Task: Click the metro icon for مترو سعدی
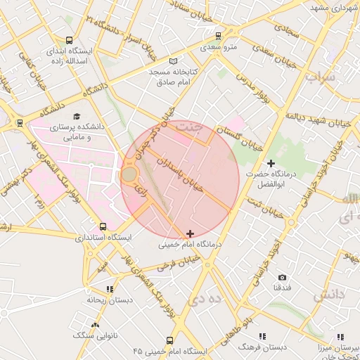point(219,34)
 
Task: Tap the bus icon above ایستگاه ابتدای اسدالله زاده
point(69,40)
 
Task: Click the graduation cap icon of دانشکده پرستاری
point(77,116)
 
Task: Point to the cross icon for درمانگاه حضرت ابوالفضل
point(271,163)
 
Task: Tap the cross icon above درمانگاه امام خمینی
point(190,233)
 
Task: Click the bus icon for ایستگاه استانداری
point(104,226)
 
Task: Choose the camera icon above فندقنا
point(283,278)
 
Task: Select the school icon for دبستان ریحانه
point(109,288)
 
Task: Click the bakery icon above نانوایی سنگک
point(95,324)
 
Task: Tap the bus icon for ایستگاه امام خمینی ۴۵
point(169,339)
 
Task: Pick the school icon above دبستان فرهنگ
point(262,336)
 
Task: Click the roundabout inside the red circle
point(130,174)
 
